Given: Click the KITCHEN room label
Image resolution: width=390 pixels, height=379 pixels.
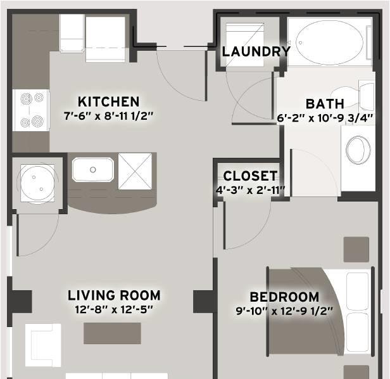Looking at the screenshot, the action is pos(108,101).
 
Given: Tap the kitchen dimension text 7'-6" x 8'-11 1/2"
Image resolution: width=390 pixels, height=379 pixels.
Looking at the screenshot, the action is pos(108,116).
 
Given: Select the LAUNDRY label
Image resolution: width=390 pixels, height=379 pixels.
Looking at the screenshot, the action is pos(256,51).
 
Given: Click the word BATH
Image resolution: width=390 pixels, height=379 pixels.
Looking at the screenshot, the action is pos(325,104).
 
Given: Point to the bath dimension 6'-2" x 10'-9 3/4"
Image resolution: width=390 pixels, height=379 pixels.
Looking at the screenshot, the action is pos(325,118).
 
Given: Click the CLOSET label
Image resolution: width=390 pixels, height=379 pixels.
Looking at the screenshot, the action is pos(250,176).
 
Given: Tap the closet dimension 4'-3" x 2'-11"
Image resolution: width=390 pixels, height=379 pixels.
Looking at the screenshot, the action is pos(250,190).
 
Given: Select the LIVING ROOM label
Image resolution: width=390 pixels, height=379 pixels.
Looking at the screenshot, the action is pos(114,295).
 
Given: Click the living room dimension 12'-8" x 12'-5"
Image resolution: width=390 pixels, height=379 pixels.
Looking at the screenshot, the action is pos(114,309).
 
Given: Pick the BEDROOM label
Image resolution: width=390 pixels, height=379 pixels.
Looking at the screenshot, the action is pos(284,297).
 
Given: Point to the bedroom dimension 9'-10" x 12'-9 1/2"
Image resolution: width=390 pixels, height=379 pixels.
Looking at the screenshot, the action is pos(284,311).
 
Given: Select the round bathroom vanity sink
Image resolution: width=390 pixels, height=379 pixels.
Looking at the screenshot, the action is pos(358,150).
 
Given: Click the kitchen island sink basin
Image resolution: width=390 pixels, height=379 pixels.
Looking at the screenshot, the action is pos(93,170).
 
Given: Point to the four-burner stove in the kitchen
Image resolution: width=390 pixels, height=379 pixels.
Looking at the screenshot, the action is pos(32,110).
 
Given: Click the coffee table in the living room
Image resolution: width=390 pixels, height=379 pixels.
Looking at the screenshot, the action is pos(112,333).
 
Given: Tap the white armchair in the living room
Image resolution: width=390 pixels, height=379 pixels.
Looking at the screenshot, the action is pos(43,345).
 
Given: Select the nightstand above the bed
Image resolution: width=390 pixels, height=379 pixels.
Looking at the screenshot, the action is pos(356,250).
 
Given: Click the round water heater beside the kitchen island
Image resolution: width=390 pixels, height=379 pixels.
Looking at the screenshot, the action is pos(37,183).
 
